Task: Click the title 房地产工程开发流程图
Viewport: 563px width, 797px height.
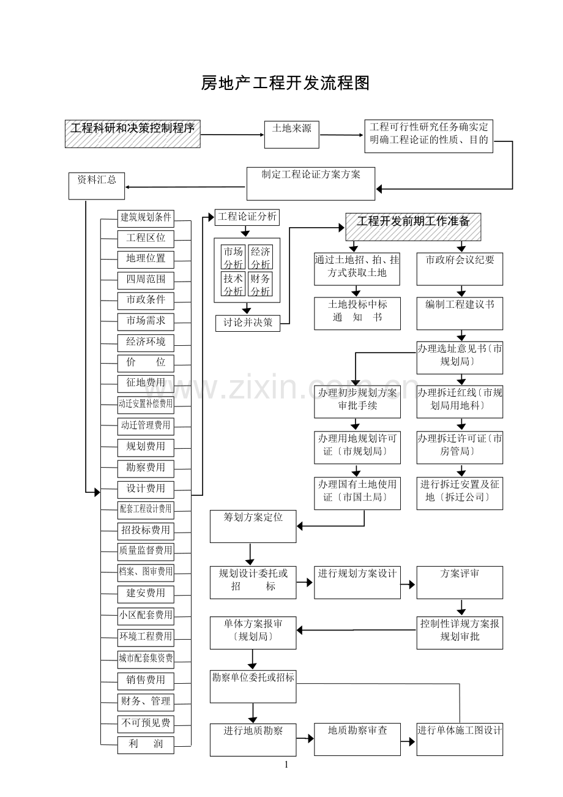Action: coord(285,83)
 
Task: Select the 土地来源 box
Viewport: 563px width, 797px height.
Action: coord(291,134)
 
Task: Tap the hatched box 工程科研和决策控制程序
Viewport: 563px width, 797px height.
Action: coord(133,133)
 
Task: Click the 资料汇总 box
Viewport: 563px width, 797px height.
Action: coord(97,185)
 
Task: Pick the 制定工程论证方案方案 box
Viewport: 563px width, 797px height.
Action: coord(311,183)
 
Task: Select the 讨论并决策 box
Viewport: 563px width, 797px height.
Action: coord(248,323)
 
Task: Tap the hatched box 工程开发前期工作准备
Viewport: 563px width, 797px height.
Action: coord(414,226)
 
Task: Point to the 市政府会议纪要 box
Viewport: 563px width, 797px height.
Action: coord(460,269)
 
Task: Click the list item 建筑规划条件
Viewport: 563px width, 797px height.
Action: coord(146,217)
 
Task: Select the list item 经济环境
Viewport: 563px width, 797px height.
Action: coord(146,342)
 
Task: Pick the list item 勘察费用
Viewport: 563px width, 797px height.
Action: coord(146,468)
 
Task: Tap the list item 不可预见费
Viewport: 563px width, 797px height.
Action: coord(146,723)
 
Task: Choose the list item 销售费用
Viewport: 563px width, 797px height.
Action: coord(146,680)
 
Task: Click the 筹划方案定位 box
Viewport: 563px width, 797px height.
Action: coord(253,526)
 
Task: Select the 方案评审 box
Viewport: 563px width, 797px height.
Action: coord(460,582)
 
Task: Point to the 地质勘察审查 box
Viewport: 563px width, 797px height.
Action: coord(357,739)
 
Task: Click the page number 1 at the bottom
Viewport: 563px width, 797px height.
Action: coord(286,764)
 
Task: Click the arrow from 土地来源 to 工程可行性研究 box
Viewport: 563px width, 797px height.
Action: coord(341,135)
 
